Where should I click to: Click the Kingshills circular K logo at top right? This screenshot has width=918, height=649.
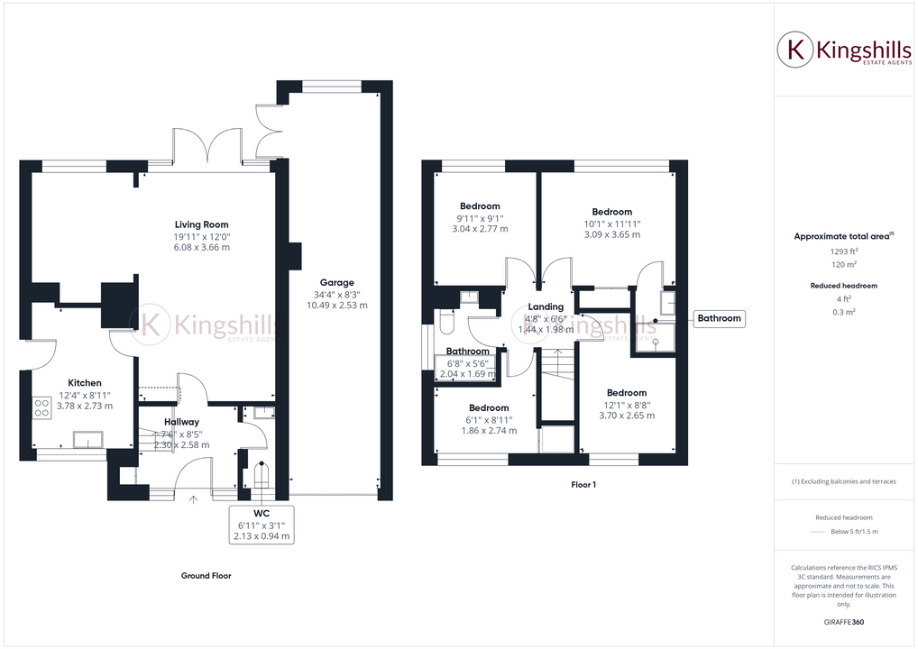[x=796, y=50]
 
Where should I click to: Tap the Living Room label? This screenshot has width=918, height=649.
[x=201, y=224]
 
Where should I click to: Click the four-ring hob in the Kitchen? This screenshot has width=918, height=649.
[x=41, y=407]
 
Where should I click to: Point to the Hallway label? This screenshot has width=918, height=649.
[x=181, y=422]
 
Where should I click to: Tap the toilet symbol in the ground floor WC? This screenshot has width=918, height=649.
[x=262, y=473]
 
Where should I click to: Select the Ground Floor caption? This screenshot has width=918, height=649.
[x=207, y=576]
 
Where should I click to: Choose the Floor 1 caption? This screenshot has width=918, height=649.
[x=583, y=485]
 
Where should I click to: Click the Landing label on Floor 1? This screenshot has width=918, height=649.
[x=546, y=306]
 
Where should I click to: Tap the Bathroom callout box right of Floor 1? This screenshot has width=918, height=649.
[x=719, y=318]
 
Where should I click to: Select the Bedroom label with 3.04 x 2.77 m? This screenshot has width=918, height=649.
[x=480, y=206]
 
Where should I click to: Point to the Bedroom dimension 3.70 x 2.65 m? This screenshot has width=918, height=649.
[x=626, y=416]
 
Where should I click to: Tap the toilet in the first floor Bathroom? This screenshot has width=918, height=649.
[x=447, y=323]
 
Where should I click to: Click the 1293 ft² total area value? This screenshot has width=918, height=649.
[x=843, y=251]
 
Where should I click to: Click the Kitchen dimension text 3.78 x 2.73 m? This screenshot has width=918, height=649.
[x=85, y=406]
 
